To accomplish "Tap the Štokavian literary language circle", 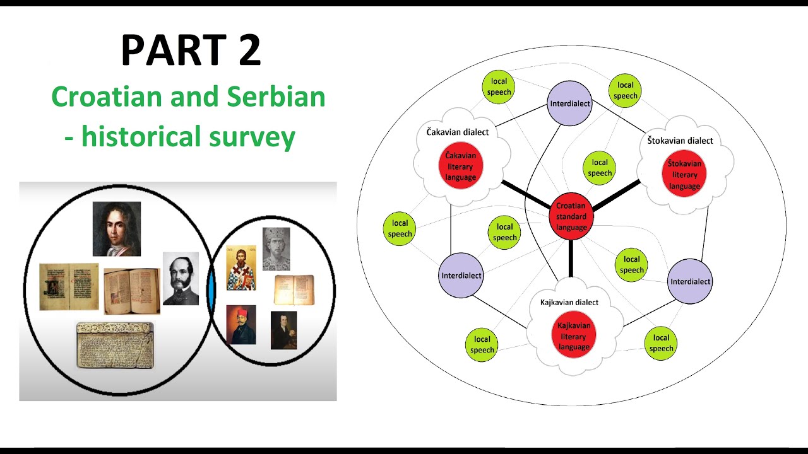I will pyautogui.click(x=684, y=174).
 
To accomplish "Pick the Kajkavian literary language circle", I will pyautogui.click(x=574, y=335).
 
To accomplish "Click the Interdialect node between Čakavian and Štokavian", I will pyautogui.click(x=569, y=103).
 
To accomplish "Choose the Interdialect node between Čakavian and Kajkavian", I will pyautogui.click(x=461, y=276).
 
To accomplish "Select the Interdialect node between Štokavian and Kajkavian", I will pyautogui.click(x=690, y=281).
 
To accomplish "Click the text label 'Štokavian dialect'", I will pyautogui.click(x=680, y=141).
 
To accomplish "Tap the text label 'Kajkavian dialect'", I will pyautogui.click(x=569, y=303).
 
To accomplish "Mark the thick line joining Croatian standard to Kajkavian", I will pyautogui.click(x=571, y=259).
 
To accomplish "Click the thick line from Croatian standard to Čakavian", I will pyautogui.click(x=525, y=194).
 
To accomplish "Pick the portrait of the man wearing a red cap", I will pyautogui.click(x=241, y=325).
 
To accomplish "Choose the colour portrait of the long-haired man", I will pyautogui.click(x=117, y=228).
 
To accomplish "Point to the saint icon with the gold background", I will pyautogui.click(x=241, y=267).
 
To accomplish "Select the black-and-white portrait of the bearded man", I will pyautogui.click(x=181, y=279).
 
